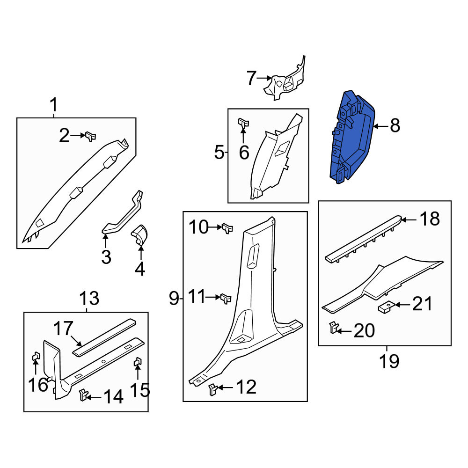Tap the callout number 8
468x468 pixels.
tap(395, 125)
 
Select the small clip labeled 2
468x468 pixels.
tap(91, 136)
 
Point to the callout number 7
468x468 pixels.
tap(252, 78)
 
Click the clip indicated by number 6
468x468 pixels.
tap(243, 123)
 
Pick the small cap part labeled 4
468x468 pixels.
tap(140, 234)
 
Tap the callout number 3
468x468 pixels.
tap(106, 257)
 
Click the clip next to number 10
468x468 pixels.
tap(227, 229)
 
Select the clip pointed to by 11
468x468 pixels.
tap(226, 299)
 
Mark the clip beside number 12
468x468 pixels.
tap(213, 389)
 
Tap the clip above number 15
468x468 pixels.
tap(138, 362)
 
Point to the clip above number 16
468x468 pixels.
tap(36, 356)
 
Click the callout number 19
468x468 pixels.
tap(389, 361)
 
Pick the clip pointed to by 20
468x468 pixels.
tap(333, 328)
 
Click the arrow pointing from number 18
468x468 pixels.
tap(409, 220)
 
